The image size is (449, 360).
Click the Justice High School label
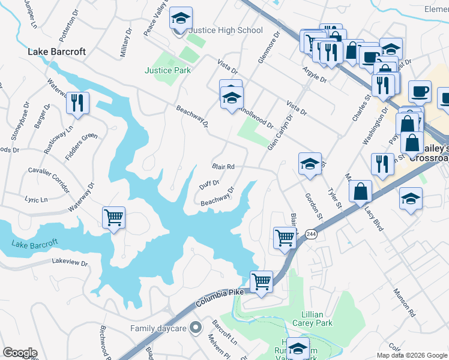click(226, 31)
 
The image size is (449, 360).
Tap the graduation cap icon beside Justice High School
click(180, 19)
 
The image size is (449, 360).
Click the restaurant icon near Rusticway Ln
click(78, 103)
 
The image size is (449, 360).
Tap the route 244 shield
click(310, 235)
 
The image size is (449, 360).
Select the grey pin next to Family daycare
click(194, 328)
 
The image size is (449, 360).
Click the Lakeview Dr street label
click(70, 262)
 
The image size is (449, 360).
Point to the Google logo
click(20, 353)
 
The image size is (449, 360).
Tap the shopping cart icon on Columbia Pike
click(262, 281)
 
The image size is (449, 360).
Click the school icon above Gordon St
click(309, 164)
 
